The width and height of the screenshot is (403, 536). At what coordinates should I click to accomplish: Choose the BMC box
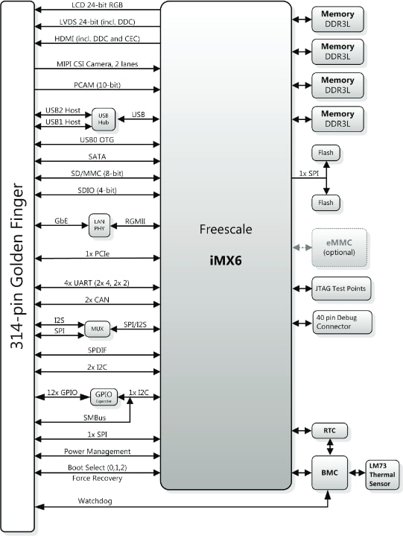click(329, 473)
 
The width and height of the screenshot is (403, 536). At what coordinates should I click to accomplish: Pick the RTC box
click(329, 432)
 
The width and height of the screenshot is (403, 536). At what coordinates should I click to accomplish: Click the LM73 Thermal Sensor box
click(383, 473)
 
